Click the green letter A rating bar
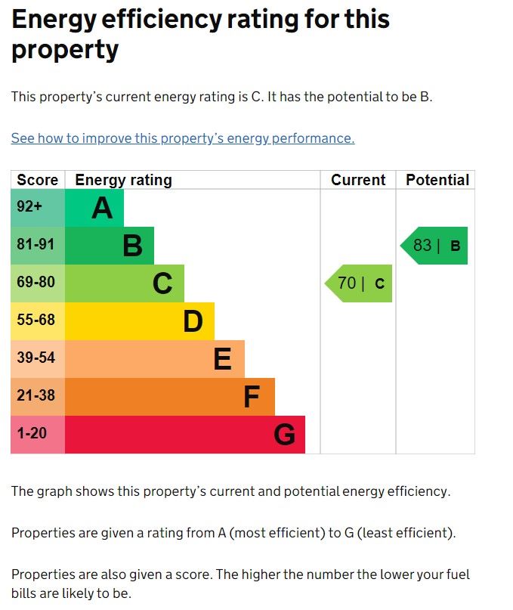coord(94,208)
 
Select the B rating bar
coord(110,246)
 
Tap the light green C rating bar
coord(125,283)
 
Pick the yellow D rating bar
coord(140,321)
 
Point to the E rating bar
coord(155,359)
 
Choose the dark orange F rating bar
coord(170,397)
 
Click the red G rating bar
coord(185,435)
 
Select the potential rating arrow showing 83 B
coord(435,246)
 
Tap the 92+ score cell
coord(38,208)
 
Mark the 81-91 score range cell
coord(38,246)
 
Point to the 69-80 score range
coord(38,283)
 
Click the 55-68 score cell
coord(38,321)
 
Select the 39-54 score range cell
coord(38,359)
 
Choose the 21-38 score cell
coord(38,397)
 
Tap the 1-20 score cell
coord(38,435)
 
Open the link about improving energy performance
coord(183,138)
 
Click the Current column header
coord(358,180)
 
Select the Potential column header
coord(437,180)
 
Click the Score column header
coord(38,180)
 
